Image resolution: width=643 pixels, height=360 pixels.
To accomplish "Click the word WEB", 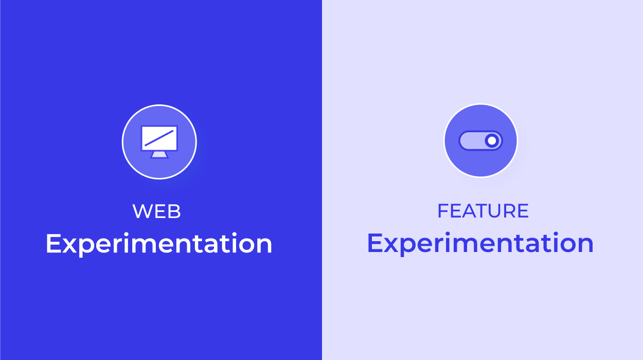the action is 156,211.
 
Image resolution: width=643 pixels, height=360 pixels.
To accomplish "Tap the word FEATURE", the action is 483,211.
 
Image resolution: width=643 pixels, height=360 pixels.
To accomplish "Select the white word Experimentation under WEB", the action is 159,243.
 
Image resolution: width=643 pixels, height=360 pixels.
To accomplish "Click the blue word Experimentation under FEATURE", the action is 480,243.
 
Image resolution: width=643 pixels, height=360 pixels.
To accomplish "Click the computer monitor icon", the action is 159,142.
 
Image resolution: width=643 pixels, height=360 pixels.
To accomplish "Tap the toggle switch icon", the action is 480,141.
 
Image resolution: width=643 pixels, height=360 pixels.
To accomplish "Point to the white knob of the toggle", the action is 492,141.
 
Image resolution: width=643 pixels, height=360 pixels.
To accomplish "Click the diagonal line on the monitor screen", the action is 159,138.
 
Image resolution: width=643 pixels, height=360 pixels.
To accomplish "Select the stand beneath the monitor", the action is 159,155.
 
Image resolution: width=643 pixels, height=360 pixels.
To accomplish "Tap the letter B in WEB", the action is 174,211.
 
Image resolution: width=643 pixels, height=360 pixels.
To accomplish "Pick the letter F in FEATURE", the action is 442,211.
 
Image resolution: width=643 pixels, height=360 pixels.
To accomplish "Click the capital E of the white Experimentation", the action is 53,243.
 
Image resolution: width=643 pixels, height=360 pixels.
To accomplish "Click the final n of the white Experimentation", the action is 264,245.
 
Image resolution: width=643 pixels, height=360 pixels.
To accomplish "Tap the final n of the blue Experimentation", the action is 585,245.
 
